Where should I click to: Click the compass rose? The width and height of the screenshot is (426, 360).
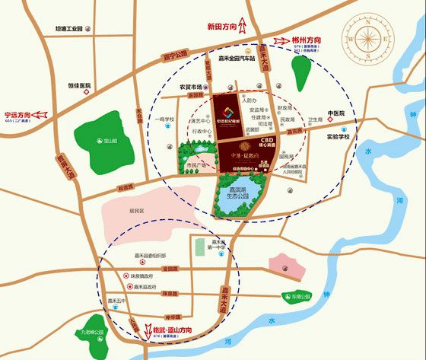(x=370, y=36)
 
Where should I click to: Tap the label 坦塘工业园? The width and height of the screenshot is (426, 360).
(x=62, y=29)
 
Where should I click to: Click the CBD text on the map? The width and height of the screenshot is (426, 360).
(x=267, y=140)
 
